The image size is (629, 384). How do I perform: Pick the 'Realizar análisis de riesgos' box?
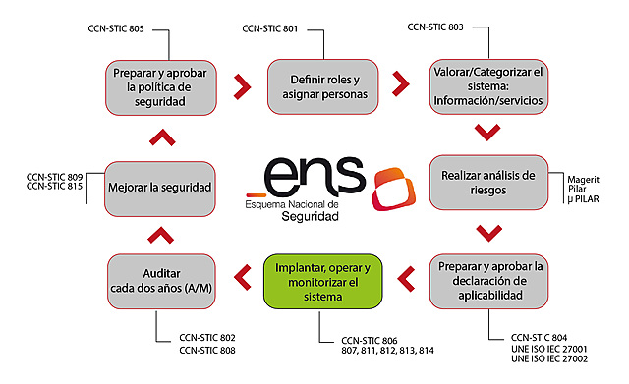click(x=486, y=183)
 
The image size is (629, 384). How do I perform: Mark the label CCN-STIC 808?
click(x=206, y=349)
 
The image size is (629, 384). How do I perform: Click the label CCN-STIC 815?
click(x=55, y=186)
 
